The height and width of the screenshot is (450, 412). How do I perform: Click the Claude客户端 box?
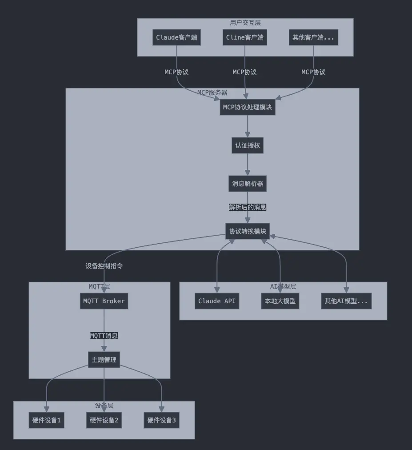point(176,37)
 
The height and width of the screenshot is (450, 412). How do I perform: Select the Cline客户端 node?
point(245,37)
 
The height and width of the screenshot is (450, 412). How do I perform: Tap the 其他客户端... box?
point(313,37)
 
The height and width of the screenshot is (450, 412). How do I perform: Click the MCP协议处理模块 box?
point(248,107)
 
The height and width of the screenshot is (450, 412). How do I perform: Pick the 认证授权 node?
point(248,145)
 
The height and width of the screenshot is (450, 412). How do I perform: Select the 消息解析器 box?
point(248,184)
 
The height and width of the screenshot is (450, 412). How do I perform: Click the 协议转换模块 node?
point(248,231)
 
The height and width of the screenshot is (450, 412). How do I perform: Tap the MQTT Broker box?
point(104,301)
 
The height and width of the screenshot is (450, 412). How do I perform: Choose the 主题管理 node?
point(104,360)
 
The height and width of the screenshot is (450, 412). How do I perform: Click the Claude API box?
point(217,301)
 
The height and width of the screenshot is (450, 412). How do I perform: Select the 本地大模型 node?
point(280,301)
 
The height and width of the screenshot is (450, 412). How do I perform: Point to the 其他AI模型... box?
point(346,301)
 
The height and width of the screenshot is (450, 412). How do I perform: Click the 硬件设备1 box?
point(46,420)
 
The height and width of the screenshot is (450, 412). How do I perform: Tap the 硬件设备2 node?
point(104,420)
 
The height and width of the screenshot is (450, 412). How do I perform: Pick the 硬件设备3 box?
point(162,420)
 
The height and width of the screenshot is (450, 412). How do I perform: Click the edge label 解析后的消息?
point(248,207)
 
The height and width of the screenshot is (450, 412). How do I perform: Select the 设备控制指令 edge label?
point(104,266)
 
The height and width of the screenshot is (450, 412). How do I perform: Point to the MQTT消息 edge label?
point(104,336)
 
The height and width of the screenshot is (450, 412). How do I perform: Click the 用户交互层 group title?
point(245,23)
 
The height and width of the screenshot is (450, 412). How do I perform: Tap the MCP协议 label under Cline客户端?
point(245,72)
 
